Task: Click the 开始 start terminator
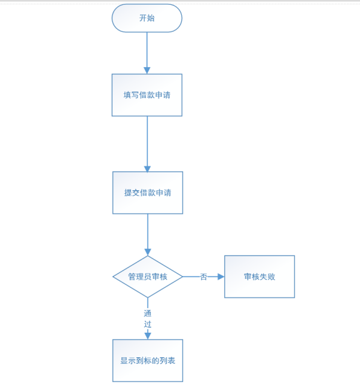(x=147, y=18)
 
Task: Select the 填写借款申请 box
(x=147, y=95)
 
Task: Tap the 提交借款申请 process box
(x=148, y=193)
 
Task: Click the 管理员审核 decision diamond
(x=148, y=276)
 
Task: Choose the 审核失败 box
(x=260, y=276)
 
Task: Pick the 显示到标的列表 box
(x=148, y=361)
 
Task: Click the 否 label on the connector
(x=203, y=276)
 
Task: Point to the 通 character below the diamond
(x=148, y=313)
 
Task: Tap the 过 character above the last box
(x=148, y=324)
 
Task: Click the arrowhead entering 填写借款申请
(x=147, y=71)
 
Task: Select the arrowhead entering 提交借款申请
(x=148, y=169)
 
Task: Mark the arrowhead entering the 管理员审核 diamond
(x=148, y=252)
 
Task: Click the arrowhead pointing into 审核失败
(x=221, y=276)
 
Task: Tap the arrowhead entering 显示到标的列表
(x=148, y=336)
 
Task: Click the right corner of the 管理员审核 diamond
(x=182, y=276)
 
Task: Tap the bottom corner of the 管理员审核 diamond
(x=148, y=297)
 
